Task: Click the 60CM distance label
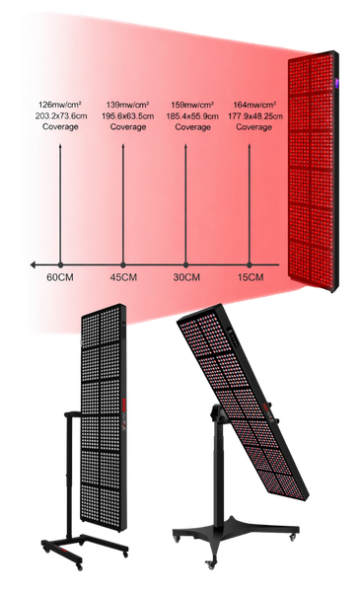pyautogui.click(x=61, y=280)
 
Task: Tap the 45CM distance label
pyautogui.click(x=122, y=280)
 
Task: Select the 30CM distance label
pyautogui.click(x=184, y=280)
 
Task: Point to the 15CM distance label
pyautogui.click(x=250, y=280)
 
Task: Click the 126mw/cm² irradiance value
pyautogui.click(x=60, y=104)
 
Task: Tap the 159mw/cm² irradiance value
pyautogui.click(x=186, y=104)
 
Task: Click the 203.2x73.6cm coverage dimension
pyautogui.click(x=60, y=114)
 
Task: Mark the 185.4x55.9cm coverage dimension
pyautogui.click(x=186, y=114)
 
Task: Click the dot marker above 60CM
pyautogui.click(x=61, y=264)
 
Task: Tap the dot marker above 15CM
pyautogui.click(x=250, y=264)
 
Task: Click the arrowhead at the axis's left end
pyautogui.click(x=32, y=264)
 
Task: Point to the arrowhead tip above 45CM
pyautogui.click(x=122, y=141)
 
